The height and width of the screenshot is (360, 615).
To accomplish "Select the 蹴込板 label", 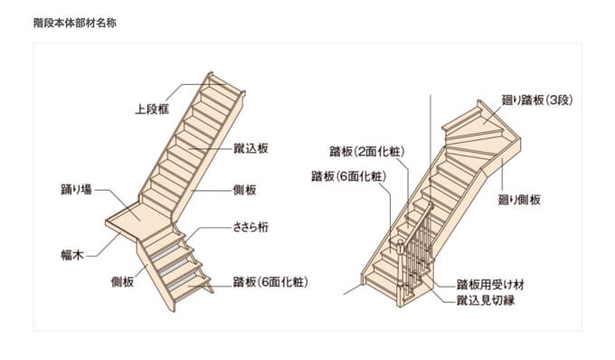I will [251, 147].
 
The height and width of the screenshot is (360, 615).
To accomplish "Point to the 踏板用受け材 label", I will [490, 283].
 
